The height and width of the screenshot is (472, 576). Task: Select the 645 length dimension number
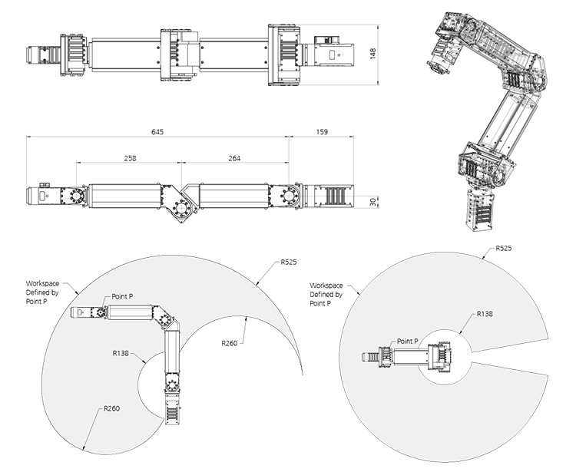point(157,132)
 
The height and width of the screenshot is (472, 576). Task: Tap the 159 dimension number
point(322,132)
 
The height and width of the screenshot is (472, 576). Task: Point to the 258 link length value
point(129,158)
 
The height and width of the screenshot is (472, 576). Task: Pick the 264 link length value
point(234,158)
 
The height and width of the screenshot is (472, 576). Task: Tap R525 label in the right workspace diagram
point(504,249)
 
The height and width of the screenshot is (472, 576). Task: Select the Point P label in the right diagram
point(407,341)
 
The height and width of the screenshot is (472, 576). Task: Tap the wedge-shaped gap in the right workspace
point(515,365)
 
